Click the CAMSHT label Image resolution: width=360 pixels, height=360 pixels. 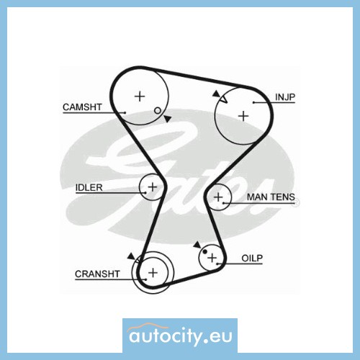click(82, 107)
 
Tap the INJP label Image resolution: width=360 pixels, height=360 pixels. click(285, 97)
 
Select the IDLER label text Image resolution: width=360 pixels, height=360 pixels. click(89, 187)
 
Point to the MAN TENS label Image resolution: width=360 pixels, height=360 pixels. click(271, 197)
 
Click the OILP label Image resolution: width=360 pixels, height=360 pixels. click(252, 258)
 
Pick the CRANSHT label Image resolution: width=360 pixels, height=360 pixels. click(97, 274)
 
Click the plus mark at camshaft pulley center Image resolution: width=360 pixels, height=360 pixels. click(140, 96)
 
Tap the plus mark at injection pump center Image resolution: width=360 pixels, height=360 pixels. click(243, 116)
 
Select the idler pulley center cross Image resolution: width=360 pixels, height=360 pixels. click(153, 186)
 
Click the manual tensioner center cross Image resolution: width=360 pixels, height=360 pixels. click(218, 197)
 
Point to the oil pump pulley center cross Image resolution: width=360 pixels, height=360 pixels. click(212, 258)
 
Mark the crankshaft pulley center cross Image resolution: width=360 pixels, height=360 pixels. click(153, 273)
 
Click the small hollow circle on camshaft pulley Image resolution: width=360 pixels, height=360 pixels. click(158, 111)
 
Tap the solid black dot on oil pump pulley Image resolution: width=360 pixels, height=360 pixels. click(204, 251)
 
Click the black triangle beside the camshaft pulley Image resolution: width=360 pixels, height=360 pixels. click(168, 119)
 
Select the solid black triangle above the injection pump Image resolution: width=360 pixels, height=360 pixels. click(216, 94)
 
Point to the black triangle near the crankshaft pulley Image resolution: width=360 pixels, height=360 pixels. click(131, 256)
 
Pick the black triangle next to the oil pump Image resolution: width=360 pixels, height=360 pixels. click(197, 245)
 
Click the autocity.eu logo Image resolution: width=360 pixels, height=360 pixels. click(180, 336)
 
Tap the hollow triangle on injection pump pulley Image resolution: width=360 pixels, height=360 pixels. click(223, 99)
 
